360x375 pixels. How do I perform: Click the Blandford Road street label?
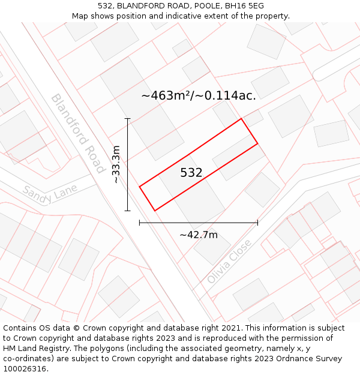(77, 133)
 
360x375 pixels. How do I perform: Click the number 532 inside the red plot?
(191, 173)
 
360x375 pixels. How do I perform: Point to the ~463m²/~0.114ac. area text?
(199, 95)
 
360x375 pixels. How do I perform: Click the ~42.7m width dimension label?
(199, 235)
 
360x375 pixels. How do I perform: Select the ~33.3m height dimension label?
(116, 164)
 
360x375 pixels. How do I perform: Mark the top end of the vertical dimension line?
(127, 119)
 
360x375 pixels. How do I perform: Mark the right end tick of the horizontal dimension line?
(257, 223)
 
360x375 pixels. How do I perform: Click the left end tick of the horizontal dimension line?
(140, 223)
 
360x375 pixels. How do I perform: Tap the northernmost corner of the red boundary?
(241, 119)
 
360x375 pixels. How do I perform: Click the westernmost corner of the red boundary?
(140, 187)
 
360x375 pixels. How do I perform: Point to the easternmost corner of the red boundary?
(257, 143)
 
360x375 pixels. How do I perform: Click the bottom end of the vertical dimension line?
(127, 211)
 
